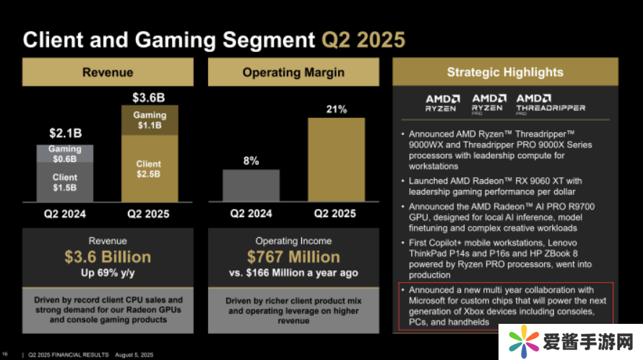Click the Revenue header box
click(108, 72)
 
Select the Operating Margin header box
click(293, 72)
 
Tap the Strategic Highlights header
click(504, 72)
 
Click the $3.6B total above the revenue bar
click(148, 97)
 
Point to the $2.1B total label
click(64, 134)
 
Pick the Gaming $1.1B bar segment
click(149, 120)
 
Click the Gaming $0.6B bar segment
click(65, 154)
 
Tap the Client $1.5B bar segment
click(65, 182)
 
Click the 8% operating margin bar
click(251, 185)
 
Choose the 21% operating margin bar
click(336, 159)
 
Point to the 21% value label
click(336, 110)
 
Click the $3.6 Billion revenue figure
click(108, 257)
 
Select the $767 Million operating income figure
click(293, 257)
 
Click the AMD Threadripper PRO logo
click(551, 103)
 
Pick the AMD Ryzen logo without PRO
click(441, 103)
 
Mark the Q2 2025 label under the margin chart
click(335, 213)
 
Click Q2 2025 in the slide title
click(363, 39)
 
